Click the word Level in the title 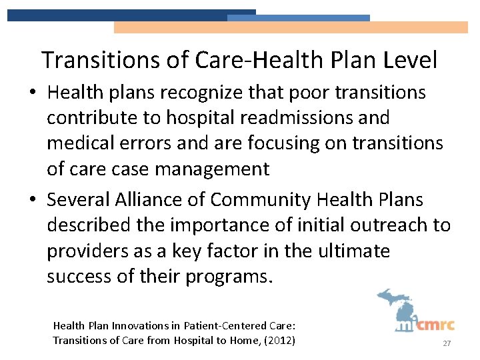click(410, 60)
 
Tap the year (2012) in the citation click(279, 341)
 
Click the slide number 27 click(447, 343)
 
